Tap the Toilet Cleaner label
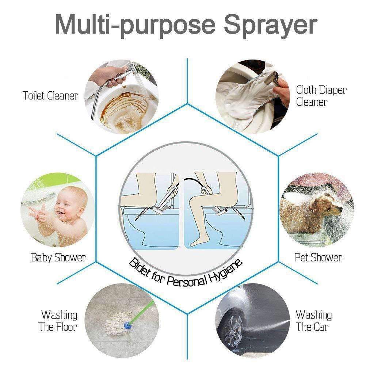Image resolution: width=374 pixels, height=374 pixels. (50, 96)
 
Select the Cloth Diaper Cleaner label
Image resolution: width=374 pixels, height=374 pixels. (321, 96)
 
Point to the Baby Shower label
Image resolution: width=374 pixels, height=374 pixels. (58, 258)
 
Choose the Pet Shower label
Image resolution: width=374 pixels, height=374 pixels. (318, 258)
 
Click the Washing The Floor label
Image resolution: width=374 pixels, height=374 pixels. (58, 320)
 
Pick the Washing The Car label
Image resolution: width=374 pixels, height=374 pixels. (313, 320)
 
